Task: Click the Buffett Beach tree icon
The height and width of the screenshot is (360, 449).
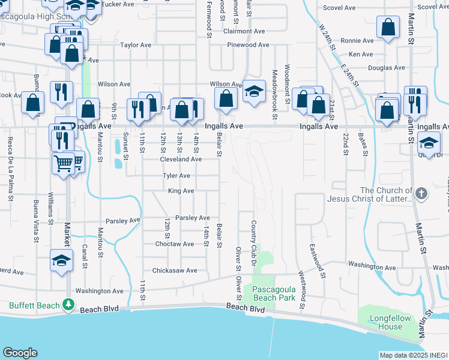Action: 69,305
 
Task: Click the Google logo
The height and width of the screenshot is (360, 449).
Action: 20,353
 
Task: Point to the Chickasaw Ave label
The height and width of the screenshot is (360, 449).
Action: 175,271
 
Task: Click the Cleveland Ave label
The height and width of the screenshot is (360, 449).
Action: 181,160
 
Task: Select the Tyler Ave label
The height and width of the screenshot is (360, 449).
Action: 177,176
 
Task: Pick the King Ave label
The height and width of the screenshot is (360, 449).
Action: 181,191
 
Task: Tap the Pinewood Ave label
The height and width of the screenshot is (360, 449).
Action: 248,45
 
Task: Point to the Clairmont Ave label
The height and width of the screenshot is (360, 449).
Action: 244,31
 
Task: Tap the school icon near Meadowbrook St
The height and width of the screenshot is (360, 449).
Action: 254,92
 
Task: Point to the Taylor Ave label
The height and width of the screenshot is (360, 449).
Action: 136,45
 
